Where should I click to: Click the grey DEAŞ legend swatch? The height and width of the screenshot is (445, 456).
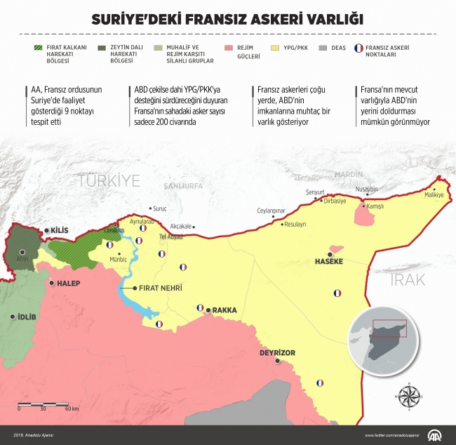[x=322, y=48]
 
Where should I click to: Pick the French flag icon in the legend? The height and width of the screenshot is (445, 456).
[x=359, y=48]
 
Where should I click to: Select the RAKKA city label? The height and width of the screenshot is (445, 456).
[x=224, y=310]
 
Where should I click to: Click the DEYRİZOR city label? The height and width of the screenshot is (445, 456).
[x=278, y=352]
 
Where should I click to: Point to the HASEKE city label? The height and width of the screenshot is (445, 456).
[x=330, y=261]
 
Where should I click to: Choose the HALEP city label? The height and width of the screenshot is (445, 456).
[x=65, y=284]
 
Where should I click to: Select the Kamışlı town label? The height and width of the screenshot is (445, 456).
[x=373, y=207]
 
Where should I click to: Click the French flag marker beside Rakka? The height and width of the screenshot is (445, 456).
[x=200, y=307]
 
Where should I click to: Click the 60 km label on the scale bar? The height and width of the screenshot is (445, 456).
[x=70, y=408]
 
